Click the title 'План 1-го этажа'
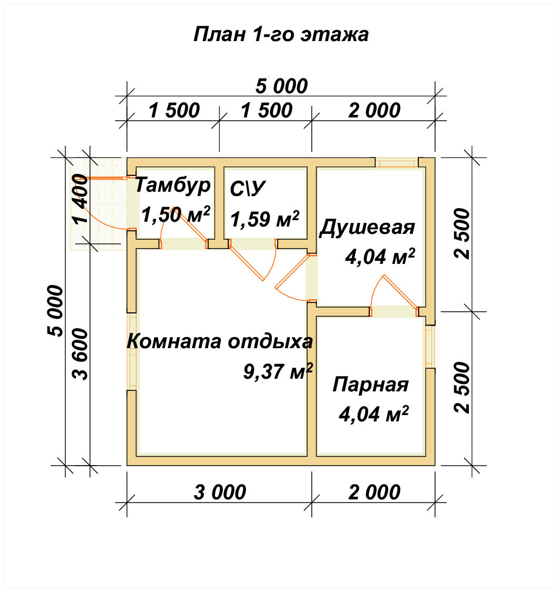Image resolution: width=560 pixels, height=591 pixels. click(x=281, y=35)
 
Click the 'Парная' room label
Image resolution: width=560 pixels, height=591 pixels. click(x=370, y=385)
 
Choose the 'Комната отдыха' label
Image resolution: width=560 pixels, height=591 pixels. click(x=220, y=341)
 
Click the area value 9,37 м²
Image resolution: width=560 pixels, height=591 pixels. click(x=278, y=372)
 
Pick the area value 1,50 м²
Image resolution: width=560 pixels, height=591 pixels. click(x=176, y=214)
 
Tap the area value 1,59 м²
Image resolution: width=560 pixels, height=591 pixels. click(x=265, y=219)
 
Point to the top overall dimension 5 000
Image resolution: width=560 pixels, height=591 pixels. click(x=281, y=86)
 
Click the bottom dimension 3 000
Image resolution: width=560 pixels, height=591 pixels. click(x=220, y=492)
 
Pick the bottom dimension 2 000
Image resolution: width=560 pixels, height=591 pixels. click(x=374, y=492)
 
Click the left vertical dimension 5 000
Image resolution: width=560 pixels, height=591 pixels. click(x=55, y=311)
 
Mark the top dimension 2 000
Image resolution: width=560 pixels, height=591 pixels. click(x=374, y=111)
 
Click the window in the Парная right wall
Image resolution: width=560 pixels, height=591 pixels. click(x=430, y=347)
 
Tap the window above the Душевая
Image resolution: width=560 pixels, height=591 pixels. click(x=397, y=162)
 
